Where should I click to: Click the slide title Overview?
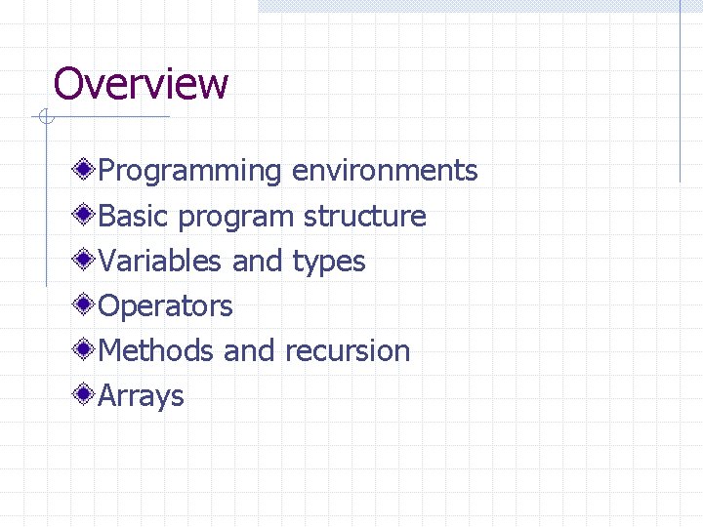[141, 84]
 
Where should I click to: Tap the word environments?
[385, 171]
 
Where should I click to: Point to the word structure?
[364, 216]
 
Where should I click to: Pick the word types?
[329, 263]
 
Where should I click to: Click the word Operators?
[166, 306]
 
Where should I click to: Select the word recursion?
[348, 350]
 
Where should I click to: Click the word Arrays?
[142, 396]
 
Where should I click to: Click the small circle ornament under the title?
[45, 118]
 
